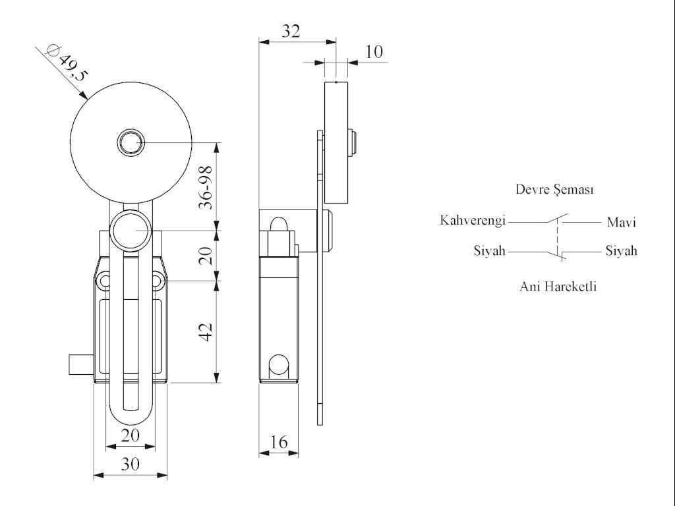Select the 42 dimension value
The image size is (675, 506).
pyautogui.click(x=206, y=331)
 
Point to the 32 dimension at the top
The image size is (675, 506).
pyautogui.click(x=291, y=31)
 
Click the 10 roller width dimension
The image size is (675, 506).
pyautogui.click(x=374, y=51)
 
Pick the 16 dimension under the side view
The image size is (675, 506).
pyautogui.click(x=279, y=441)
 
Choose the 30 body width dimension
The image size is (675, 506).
pyautogui.click(x=131, y=464)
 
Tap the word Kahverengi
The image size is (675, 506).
pyautogui.click(x=473, y=220)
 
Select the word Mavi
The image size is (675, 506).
pyautogui.click(x=621, y=223)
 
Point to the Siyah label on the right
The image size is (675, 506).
pyautogui.click(x=621, y=251)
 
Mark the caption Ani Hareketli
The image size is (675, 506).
pyautogui.click(x=558, y=287)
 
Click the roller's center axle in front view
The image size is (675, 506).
pyautogui.click(x=131, y=142)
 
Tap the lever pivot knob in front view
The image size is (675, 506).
pyautogui.click(x=131, y=231)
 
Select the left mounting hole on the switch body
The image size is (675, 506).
pyautogui.click(x=104, y=282)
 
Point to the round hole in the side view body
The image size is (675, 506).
pyautogui.click(x=279, y=364)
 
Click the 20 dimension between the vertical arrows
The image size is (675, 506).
pyautogui.click(x=206, y=256)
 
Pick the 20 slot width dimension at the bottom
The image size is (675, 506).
pyautogui.click(x=131, y=436)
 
